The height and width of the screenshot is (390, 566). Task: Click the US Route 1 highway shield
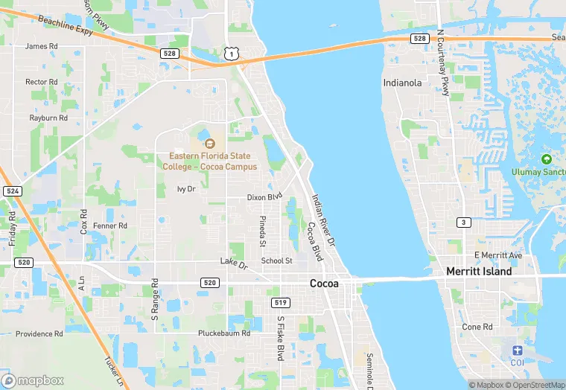tap(232, 52)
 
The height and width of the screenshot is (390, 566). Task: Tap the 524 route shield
tap(11, 191)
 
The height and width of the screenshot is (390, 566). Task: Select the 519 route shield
tap(281, 302)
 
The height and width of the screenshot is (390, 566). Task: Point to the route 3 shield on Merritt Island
tap(463, 223)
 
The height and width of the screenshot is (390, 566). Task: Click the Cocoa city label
tap(324, 284)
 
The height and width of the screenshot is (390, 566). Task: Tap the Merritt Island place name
tap(479, 272)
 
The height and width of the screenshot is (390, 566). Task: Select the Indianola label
tap(403, 83)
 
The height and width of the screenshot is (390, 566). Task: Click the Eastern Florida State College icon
tap(209, 143)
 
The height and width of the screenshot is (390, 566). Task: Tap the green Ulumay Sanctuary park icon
tap(546, 159)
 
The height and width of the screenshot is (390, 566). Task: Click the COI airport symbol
tap(518, 350)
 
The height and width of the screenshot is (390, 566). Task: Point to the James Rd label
tap(41, 46)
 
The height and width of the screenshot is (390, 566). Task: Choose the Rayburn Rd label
tap(48, 118)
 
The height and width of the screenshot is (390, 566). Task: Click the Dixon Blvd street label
tap(265, 197)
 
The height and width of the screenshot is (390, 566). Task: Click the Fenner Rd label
tap(110, 226)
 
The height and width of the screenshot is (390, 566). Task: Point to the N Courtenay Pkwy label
tap(445, 63)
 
